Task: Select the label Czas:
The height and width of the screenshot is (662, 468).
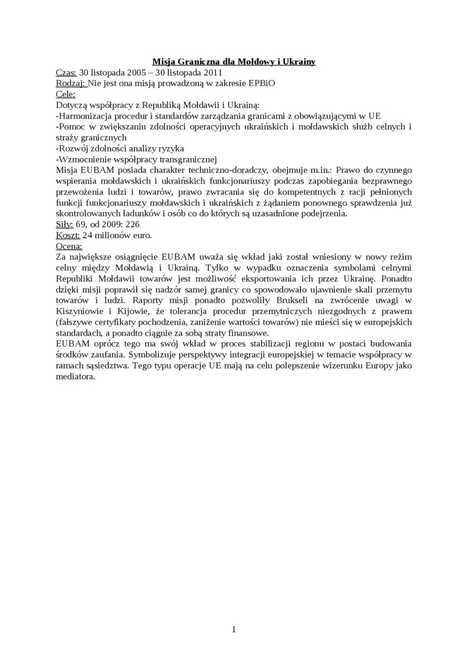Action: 66,73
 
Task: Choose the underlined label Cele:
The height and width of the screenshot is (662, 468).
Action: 66,94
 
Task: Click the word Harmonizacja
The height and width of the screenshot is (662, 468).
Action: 85,116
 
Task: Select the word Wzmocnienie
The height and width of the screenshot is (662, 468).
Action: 85,159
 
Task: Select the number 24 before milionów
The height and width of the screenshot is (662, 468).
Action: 88,236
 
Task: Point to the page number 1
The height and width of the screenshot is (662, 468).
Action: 234,629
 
